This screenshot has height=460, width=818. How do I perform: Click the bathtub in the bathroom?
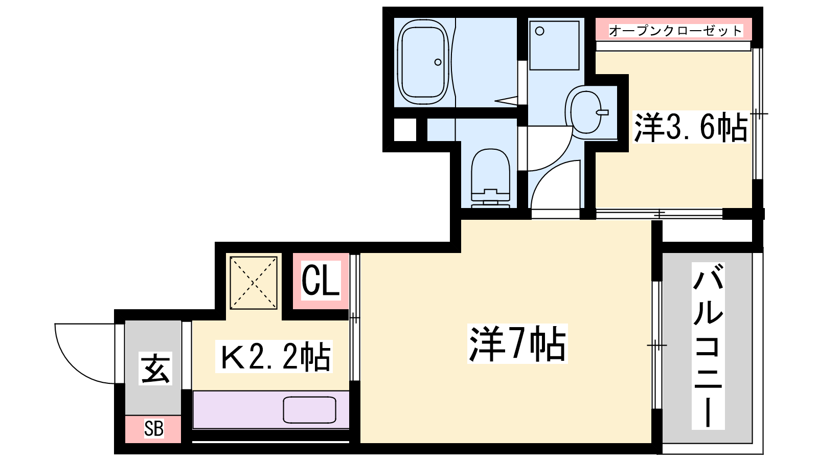tap(423, 62)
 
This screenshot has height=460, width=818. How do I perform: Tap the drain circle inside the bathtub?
tap(438, 62)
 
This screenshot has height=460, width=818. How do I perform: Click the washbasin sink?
tap(585, 112)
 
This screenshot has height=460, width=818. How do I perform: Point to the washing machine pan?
tap(554, 45)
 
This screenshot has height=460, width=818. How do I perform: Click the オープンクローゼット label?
tap(675, 31)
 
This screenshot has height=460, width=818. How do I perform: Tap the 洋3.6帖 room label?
tap(691, 127)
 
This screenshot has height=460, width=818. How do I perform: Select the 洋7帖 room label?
tap(517, 343)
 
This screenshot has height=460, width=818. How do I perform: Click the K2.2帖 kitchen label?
tap(274, 356)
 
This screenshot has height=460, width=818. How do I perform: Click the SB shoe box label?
tap(153, 429)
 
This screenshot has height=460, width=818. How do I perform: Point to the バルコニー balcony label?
tap(708, 346)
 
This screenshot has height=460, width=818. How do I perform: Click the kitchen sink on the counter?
tap(310, 410)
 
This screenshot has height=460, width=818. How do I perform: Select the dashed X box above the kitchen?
tap(254, 283)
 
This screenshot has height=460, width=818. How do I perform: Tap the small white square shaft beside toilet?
tap(405, 130)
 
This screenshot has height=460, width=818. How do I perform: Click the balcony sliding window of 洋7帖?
tap(657, 345)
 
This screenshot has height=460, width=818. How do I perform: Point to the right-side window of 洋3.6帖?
tap(758, 113)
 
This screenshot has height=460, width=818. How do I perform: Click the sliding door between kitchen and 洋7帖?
tap(355, 317)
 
